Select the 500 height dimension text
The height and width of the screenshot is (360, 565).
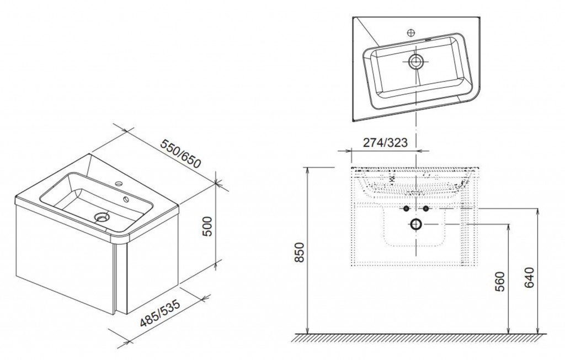tap(208, 226)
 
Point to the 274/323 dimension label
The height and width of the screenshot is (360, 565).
tap(385, 143)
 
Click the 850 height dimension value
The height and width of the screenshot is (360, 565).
tap(300, 252)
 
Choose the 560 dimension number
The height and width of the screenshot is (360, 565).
tap(500, 281)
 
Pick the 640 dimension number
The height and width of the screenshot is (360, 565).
tap(529, 277)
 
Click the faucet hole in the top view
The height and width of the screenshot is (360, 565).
tap(411, 33)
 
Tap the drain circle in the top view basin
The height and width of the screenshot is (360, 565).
tap(416, 62)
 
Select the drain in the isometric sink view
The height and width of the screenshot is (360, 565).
tap(102, 217)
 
